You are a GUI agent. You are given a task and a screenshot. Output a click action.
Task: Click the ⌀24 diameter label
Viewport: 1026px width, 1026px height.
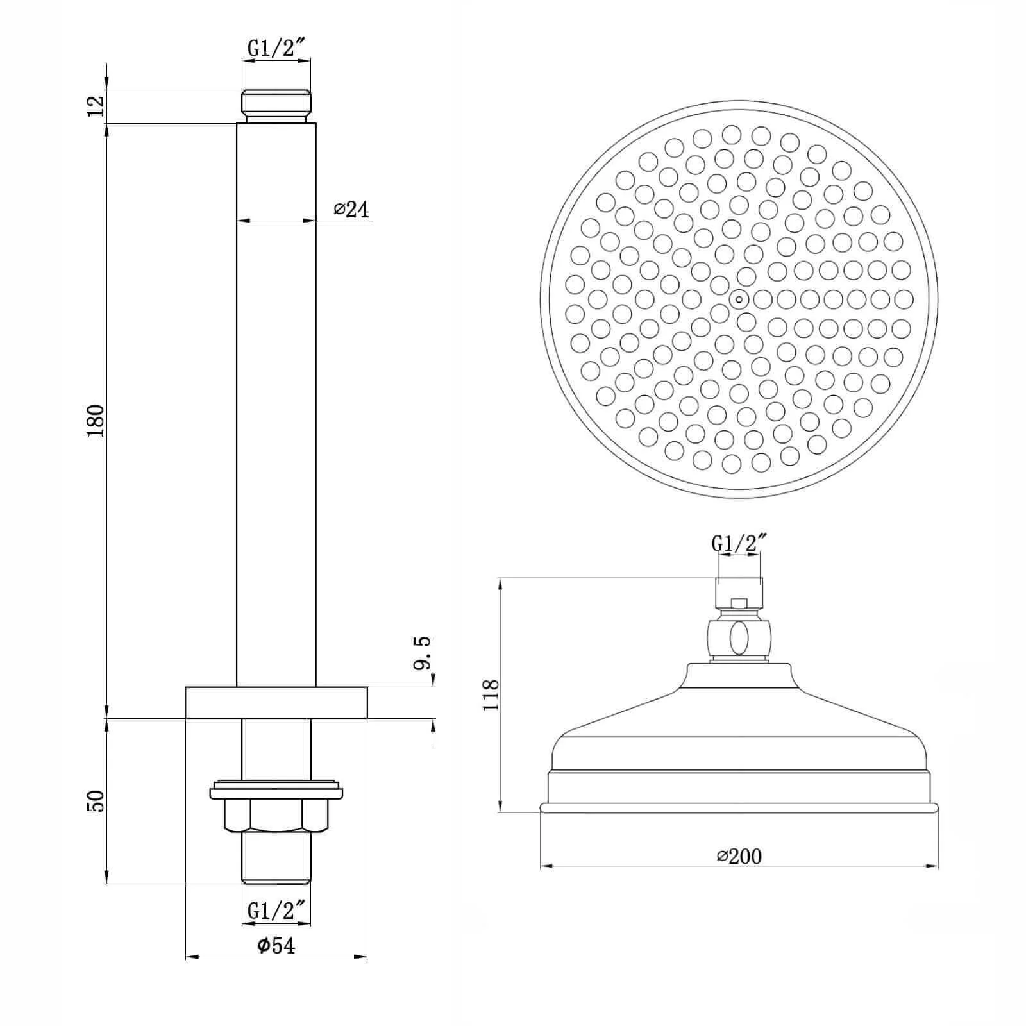pos(352,209)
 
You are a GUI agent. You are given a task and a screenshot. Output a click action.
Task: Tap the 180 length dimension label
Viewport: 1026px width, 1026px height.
pos(96,421)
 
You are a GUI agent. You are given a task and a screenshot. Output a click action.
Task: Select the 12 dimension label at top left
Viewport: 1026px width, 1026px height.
pos(96,106)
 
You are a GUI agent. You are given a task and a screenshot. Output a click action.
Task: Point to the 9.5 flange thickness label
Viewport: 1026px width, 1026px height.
pos(421,653)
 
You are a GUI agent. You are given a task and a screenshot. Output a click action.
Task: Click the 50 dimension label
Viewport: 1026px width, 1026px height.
pos(96,801)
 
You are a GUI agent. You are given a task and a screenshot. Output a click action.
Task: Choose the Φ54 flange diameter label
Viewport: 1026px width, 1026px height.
pos(277,945)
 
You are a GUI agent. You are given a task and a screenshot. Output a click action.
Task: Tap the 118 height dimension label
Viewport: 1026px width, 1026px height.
pos(491,694)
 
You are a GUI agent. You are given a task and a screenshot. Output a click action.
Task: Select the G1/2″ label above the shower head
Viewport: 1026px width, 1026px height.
pos(739,543)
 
